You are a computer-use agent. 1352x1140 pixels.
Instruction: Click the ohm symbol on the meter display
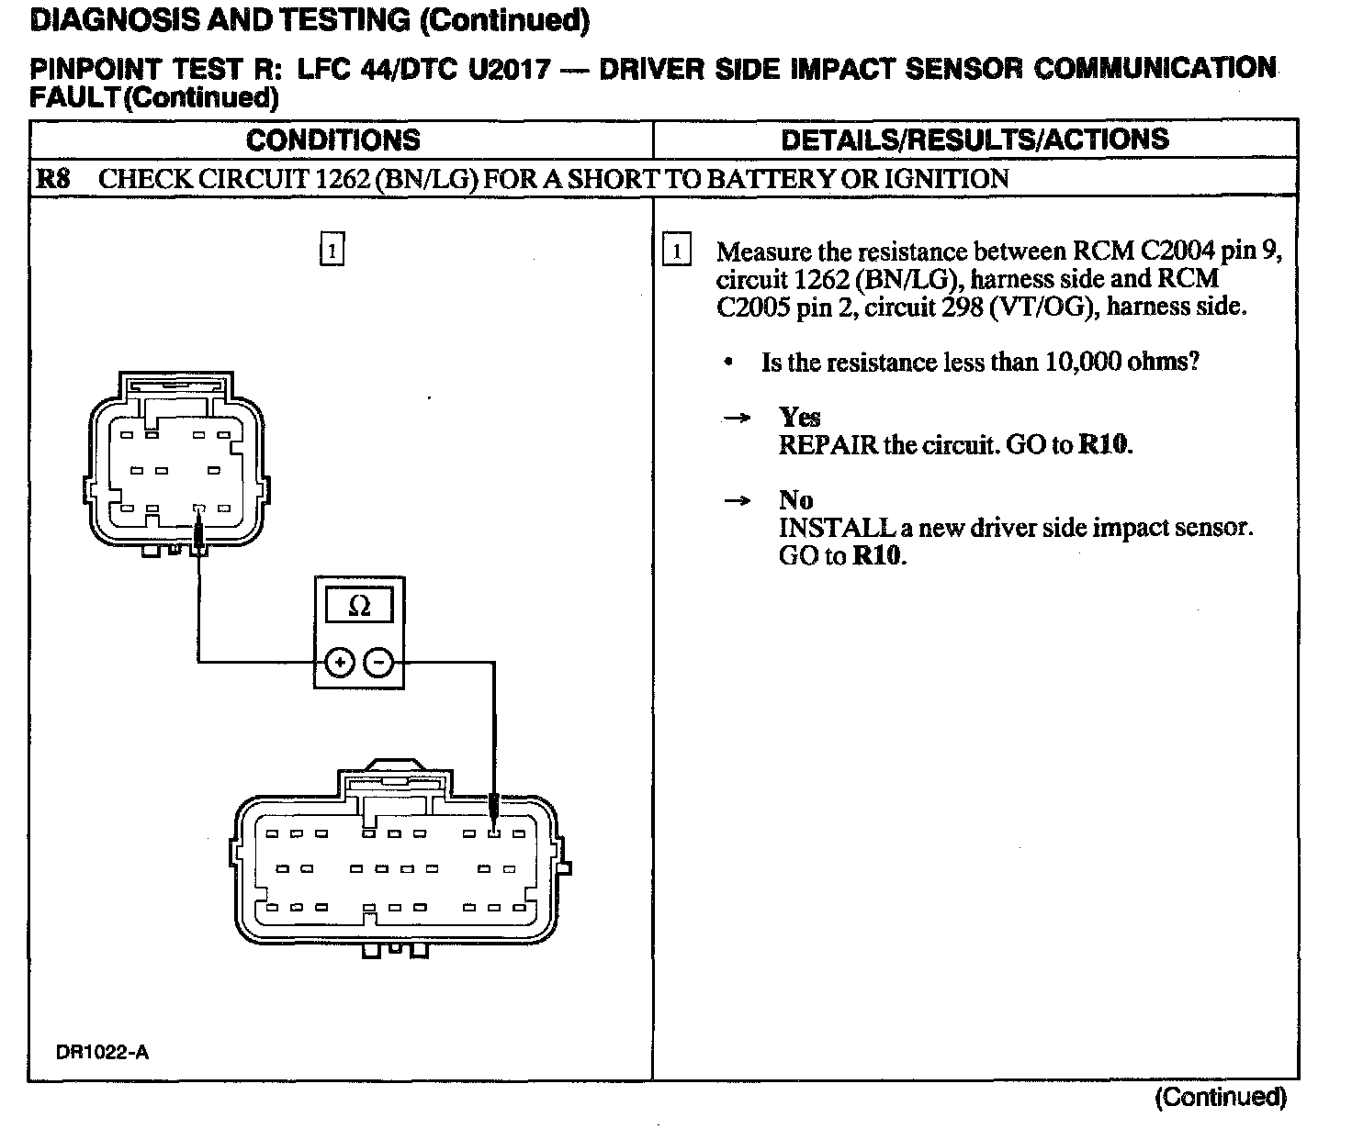[x=360, y=606]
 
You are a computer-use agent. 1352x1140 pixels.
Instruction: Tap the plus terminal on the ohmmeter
[x=339, y=662]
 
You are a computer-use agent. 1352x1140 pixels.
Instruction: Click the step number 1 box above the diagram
[x=332, y=250]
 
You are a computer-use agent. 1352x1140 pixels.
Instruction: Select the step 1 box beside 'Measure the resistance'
[x=676, y=251]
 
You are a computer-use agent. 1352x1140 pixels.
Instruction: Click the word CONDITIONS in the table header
[x=333, y=140]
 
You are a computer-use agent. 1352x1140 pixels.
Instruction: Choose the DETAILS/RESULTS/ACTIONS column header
[x=975, y=140]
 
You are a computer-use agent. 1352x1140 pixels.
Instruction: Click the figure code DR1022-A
[x=102, y=1053]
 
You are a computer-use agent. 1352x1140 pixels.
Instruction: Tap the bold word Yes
[x=799, y=418]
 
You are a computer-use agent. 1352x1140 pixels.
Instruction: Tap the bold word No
[x=795, y=500]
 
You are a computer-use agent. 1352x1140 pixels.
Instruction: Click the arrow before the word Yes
[x=736, y=419]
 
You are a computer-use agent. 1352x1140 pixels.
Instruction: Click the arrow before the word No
[x=736, y=501]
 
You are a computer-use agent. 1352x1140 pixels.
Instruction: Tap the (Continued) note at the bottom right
[x=1221, y=1097]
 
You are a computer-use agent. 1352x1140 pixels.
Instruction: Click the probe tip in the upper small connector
[x=198, y=531]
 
